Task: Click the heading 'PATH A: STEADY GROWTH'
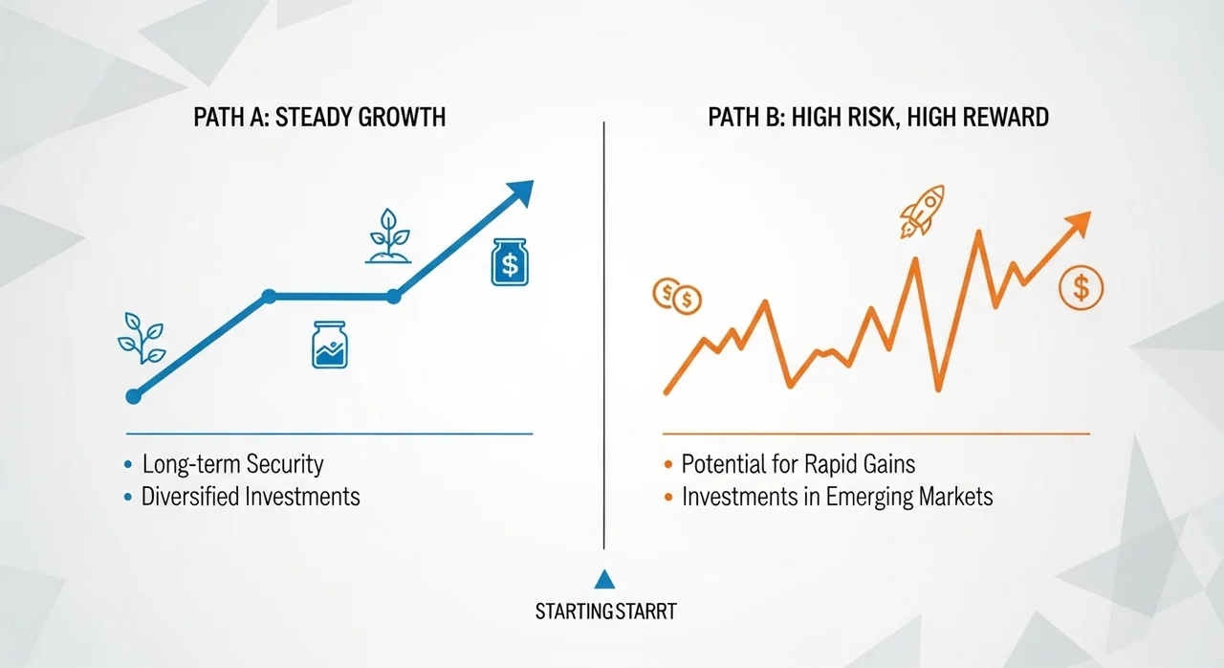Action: coord(319,118)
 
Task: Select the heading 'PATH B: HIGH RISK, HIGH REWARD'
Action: coord(878,118)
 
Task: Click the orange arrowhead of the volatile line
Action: coord(1077,224)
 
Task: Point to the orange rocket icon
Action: coord(923,211)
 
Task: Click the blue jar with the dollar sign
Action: coord(510,262)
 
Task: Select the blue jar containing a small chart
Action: coord(330,345)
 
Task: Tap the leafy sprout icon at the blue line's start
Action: coord(142,339)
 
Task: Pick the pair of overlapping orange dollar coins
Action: coord(677,297)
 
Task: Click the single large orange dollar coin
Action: coord(1081,287)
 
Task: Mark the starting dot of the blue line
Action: coord(133,396)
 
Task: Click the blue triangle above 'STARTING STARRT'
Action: coord(604,579)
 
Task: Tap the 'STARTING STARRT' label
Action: coord(606,612)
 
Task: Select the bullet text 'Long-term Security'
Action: coord(232,464)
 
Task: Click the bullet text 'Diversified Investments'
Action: coord(251,497)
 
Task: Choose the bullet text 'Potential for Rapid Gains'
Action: coord(798,464)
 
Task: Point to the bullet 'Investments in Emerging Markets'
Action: coord(837,497)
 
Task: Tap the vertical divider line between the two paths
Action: coord(603,335)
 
